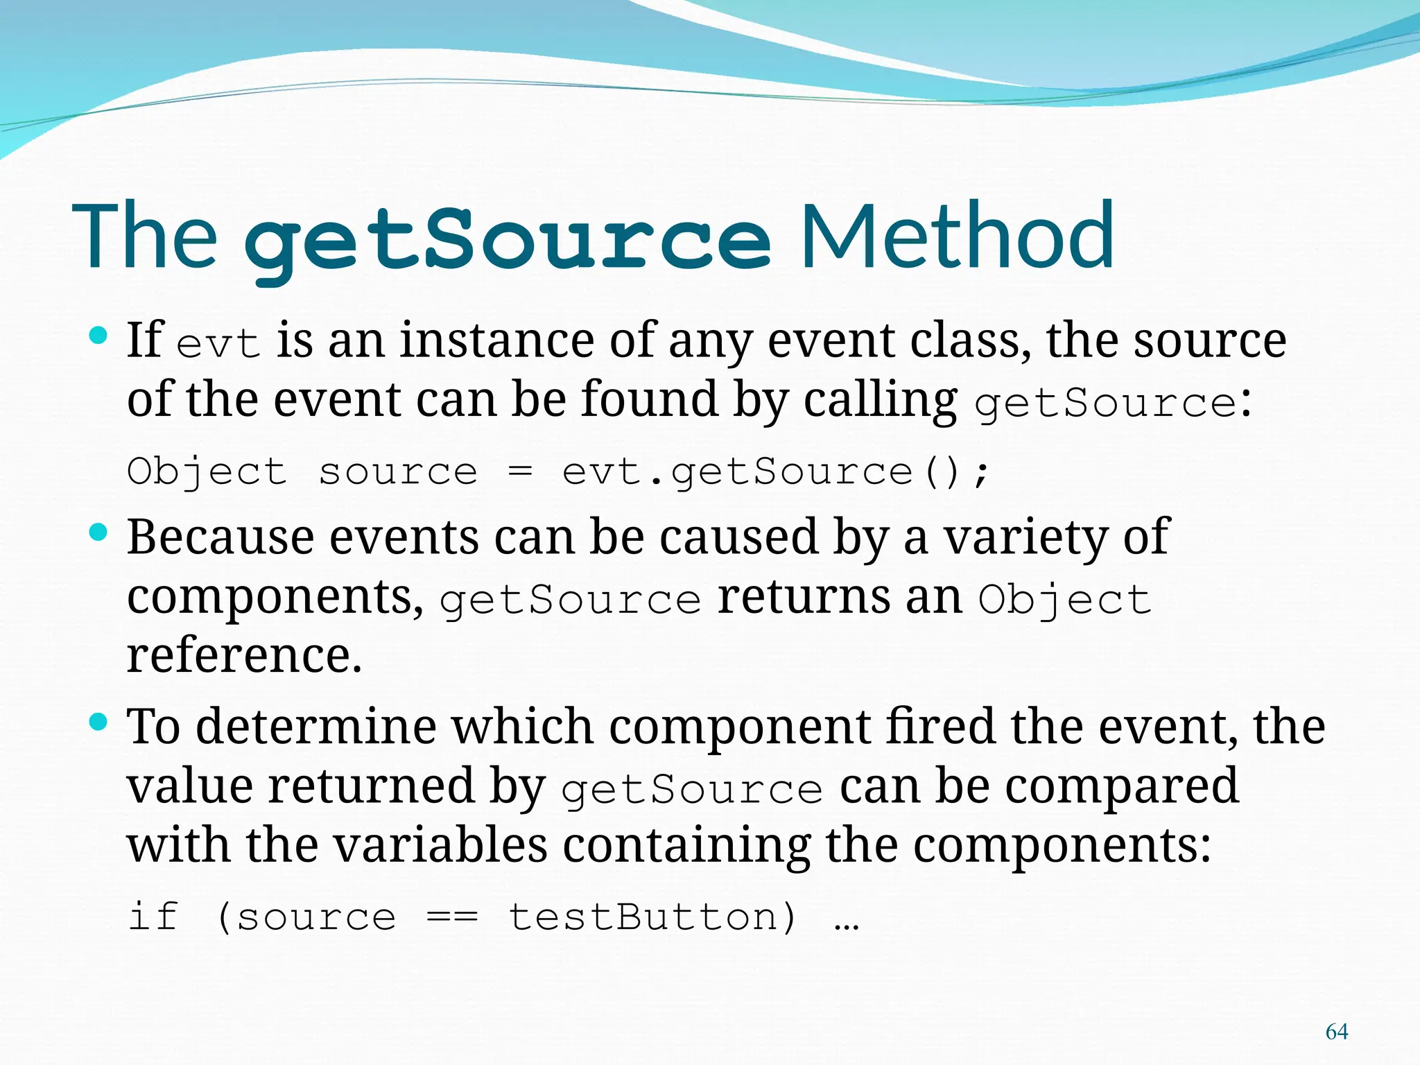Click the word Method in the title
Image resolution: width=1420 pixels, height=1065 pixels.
click(x=957, y=236)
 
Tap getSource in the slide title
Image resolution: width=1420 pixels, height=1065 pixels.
click(x=508, y=239)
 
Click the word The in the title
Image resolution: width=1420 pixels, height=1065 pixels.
click(x=146, y=236)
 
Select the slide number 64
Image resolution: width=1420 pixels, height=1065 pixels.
click(x=1336, y=1032)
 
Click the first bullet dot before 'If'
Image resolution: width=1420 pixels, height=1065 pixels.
click(x=99, y=337)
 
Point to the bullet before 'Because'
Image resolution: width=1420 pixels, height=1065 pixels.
click(x=99, y=532)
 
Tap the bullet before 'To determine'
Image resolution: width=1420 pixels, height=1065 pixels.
click(x=99, y=722)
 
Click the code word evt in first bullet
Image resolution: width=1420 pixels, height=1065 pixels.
click(x=218, y=343)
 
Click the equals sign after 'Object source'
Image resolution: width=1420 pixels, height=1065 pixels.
click(x=520, y=473)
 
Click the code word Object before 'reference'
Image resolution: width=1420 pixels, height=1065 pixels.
click(x=1064, y=600)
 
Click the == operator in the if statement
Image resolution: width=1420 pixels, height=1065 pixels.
click(x=452, y=917)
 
